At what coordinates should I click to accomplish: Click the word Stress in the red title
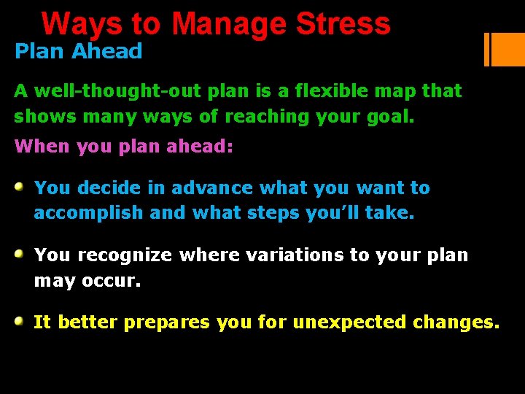tap(343, 23)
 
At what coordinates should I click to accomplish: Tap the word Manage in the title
tap(230, 23)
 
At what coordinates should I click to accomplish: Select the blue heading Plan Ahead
tap(78, 51)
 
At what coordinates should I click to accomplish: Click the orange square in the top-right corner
tap(508, 49)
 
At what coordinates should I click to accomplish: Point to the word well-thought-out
tap(120, 91)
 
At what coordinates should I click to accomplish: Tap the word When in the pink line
tap(38, 146)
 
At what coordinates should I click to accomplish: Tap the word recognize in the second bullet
tap(125, 255)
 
